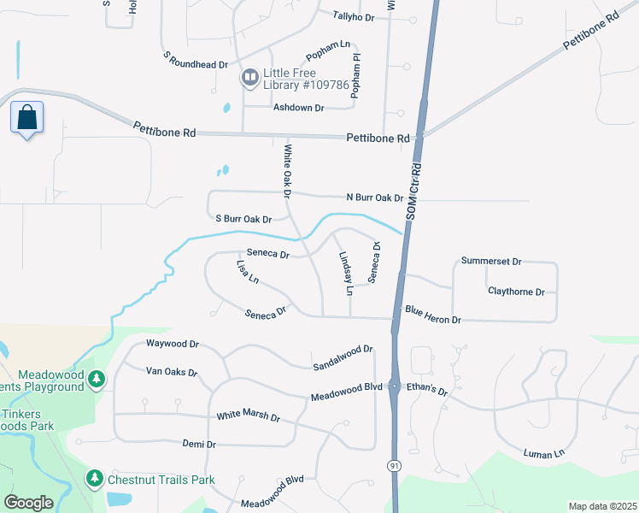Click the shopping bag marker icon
[27, 118]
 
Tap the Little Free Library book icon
[249, 78]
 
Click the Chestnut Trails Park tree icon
[95, 479]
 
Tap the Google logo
[28, 503]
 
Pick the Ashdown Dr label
[298, 108]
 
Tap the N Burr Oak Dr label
[374, 198]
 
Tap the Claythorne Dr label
[516, 292]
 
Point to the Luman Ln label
[544, 453]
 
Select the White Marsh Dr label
[249, 416]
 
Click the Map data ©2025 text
[602, 506]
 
